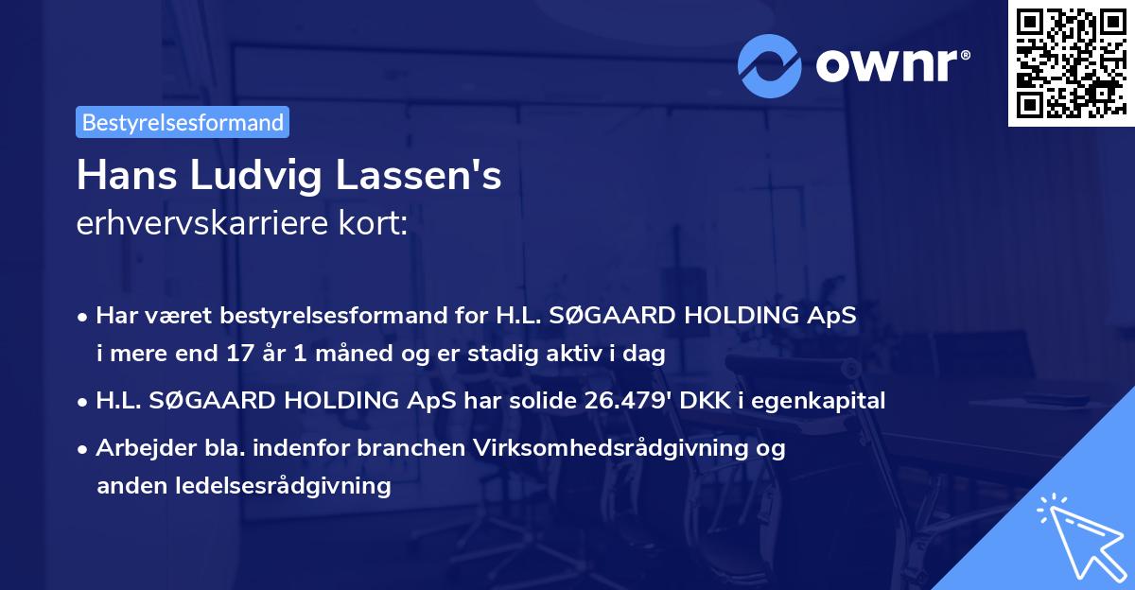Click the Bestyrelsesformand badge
pos(183,122)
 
